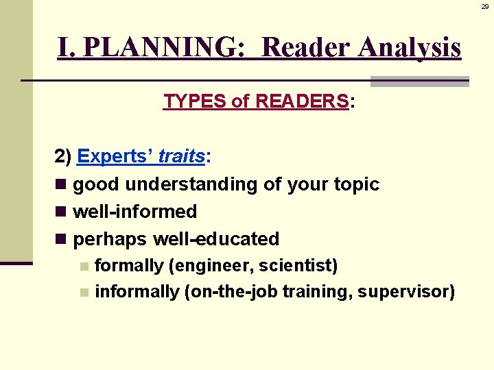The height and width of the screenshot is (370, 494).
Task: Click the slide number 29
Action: pos(484,5)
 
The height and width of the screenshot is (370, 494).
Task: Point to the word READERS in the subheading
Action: pos(302,101)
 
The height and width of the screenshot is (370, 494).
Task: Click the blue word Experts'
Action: pos(115,156)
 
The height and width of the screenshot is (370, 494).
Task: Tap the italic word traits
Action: pos(181,156)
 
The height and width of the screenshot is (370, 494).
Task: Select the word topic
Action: pos(355,184)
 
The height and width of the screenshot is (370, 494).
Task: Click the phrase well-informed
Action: pos(135,212)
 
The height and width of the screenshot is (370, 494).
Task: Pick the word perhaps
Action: pos(110,239)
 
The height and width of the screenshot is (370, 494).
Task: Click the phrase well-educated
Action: pos(215,239)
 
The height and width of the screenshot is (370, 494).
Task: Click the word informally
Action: pos(137,292)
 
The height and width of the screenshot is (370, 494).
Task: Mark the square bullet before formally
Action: pos(84,266)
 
